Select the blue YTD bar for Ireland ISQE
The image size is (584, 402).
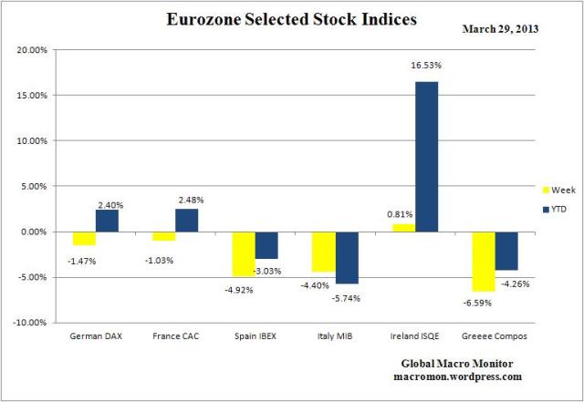(425, 156)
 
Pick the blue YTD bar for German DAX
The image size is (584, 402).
(109, 221)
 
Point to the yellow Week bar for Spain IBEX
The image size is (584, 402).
(244, 253)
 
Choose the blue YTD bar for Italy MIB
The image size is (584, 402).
(347, 257)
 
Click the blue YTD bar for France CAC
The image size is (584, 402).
(187, 220)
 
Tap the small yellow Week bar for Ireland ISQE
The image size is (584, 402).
(402, 228)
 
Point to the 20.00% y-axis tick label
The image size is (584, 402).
(34, 50)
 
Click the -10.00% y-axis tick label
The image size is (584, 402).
(32, 323)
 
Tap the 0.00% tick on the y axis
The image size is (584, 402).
(36, 232)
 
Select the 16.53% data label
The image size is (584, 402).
(427, 65)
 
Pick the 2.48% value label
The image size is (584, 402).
(193, 200)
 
